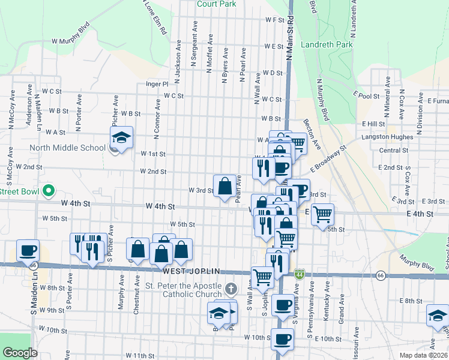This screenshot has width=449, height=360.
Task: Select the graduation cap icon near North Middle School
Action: tap(121, 138)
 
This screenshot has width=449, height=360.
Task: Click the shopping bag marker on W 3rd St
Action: tap(225, 187)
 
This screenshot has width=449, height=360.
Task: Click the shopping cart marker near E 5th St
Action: tap(323, 214)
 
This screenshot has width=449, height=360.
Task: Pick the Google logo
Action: tap(20, 353)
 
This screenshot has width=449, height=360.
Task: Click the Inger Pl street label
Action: tap(157, 85)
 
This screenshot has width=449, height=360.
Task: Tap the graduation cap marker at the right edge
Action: tap(437, 316)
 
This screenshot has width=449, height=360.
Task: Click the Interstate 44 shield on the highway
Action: tap(299, 274)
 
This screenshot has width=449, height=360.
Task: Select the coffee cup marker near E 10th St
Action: tap(282, 340)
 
